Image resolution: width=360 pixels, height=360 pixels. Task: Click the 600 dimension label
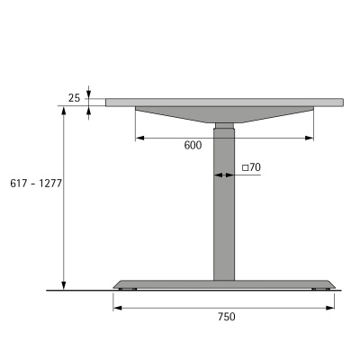pos(192,146)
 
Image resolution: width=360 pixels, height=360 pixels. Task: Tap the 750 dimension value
pos(226,316)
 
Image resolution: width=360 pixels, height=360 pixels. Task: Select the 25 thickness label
pos(74,97)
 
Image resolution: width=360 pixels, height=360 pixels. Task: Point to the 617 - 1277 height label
pos(31,184)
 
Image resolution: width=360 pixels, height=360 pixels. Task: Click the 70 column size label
pos(255,167)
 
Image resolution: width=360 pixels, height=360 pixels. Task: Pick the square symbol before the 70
pos(246,167)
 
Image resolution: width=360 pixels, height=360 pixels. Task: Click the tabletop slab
pos(225,102)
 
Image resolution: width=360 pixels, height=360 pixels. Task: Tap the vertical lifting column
pos(224,216)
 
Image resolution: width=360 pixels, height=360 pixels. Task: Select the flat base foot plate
pos(225,283)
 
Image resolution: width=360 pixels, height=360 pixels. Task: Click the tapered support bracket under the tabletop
pos(225,114)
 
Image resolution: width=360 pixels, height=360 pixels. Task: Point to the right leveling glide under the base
pos(319,289)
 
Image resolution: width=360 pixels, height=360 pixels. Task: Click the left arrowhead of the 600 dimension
pos(139,138)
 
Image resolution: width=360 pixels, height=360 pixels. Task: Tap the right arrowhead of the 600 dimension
pos(310,138)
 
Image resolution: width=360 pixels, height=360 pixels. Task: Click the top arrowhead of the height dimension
pos(64,111)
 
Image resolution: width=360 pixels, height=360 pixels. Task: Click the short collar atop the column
pos(224,125)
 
